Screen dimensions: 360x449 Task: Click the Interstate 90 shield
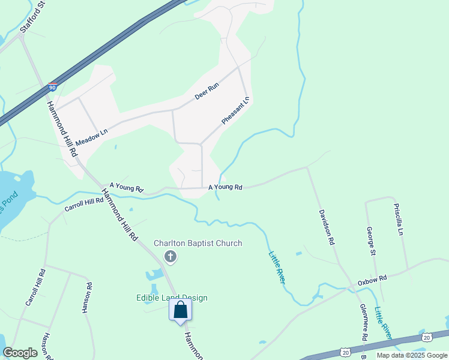click(x=53, y=87)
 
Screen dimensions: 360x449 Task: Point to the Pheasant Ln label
click(x=235, y=110)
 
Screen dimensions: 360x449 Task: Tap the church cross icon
click(x=170, y=257)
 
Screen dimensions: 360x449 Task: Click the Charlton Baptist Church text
click(x=198, y=243)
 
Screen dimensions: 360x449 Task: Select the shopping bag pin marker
click(x=180, y=311)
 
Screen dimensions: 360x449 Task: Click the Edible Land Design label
click(x=171, y=298)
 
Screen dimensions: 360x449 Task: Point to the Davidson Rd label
click(x=326, y=227)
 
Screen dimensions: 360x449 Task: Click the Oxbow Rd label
click(x=373, y=280)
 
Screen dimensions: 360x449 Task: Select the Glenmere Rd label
click(x=363, y=322)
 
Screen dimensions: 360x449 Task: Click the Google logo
click(x=20, y=353)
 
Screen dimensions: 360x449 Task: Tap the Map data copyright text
click(x=412, y=355)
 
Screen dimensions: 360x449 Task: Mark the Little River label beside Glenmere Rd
click(x=383, y=323)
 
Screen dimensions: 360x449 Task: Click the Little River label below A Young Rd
click(x=277, y=267)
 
